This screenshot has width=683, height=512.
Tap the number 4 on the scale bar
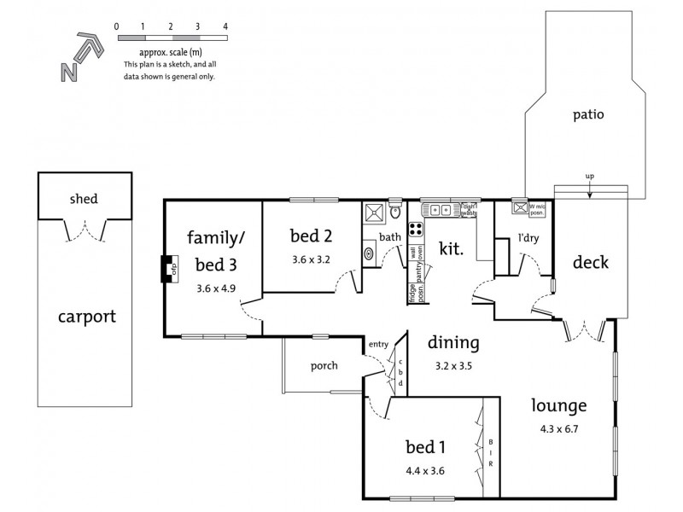coord(225,26)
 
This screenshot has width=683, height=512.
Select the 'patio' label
coord(588,113)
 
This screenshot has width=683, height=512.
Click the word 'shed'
coord(84,199)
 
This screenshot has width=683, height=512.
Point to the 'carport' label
coord(86,317)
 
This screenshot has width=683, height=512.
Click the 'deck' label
coord(590,262)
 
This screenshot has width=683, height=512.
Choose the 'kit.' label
coord(450,248)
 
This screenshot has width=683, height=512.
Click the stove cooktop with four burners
coord(415,230)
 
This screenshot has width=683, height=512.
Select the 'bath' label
coord(389,237)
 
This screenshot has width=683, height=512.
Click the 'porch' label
coord(312,365)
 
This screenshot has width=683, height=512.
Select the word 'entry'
coord(378,344)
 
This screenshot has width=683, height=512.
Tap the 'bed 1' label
coord(427,447)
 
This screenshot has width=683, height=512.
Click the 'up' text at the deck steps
coord(589,177)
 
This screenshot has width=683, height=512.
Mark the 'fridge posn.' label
coord(412,293)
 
